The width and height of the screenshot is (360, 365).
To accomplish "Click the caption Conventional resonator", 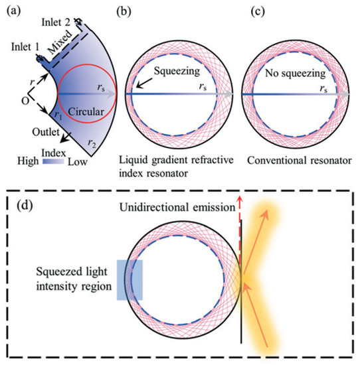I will pos(292,159).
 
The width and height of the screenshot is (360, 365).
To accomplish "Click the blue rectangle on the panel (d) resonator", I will pos(129,279).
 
